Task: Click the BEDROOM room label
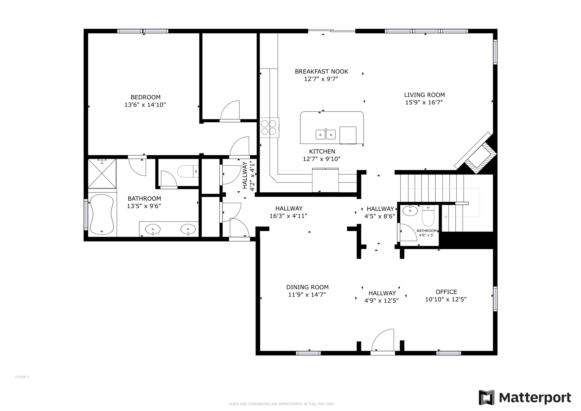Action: click(145, 97)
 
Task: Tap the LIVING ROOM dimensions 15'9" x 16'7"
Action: click(424, 102)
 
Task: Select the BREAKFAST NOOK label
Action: click(321, 72)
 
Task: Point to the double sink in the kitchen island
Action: click(325, 134)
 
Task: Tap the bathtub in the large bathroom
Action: click(102, 214)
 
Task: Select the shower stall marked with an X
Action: click(102, 173)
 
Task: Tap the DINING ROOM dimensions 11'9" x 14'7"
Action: click(307, 295)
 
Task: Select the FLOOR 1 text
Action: click(22, 377)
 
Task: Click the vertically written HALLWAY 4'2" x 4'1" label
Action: click(248, 176)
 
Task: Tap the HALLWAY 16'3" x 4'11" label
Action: click(289, 212)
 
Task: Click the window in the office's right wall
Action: click(495, 299)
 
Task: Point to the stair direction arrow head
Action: click(445, 217)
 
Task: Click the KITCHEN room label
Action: click(322, 151)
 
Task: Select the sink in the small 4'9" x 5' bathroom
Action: click(410, 211)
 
